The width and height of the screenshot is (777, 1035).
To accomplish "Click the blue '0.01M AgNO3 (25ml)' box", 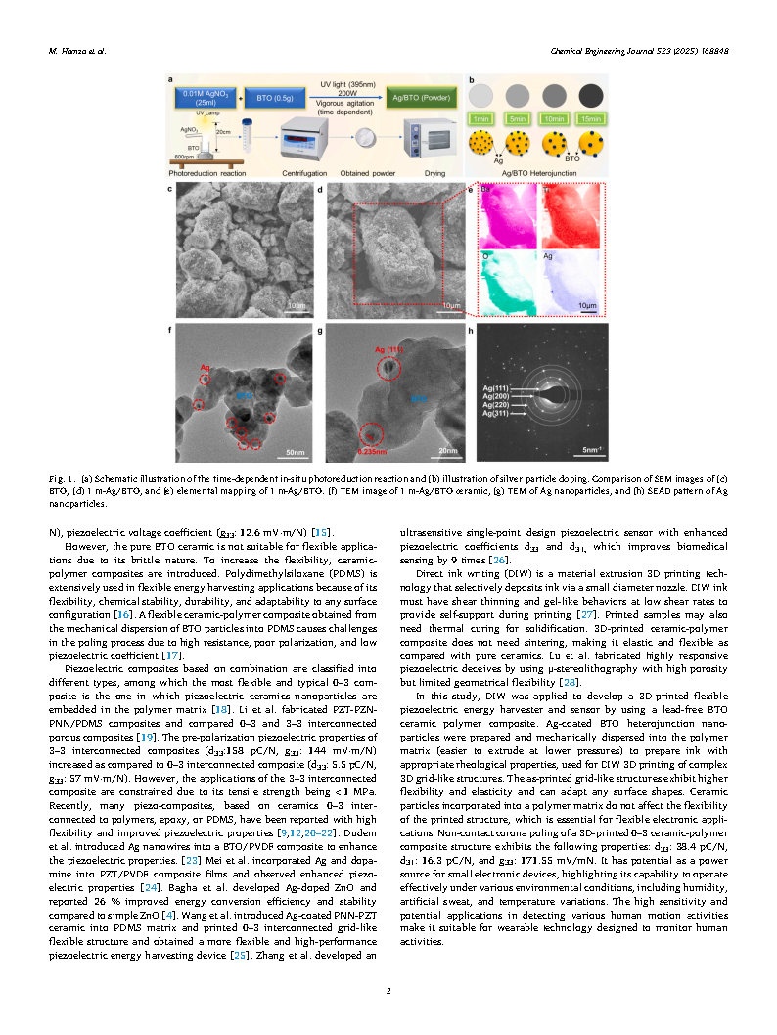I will coord(205,99).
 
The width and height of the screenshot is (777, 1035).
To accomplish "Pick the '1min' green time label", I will coord(481,118).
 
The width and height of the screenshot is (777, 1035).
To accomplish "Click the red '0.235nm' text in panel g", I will coord(374,451).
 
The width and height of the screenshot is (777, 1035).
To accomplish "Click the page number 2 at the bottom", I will coord(388,991).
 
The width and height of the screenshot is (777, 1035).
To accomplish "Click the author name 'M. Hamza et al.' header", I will coord(77,51).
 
